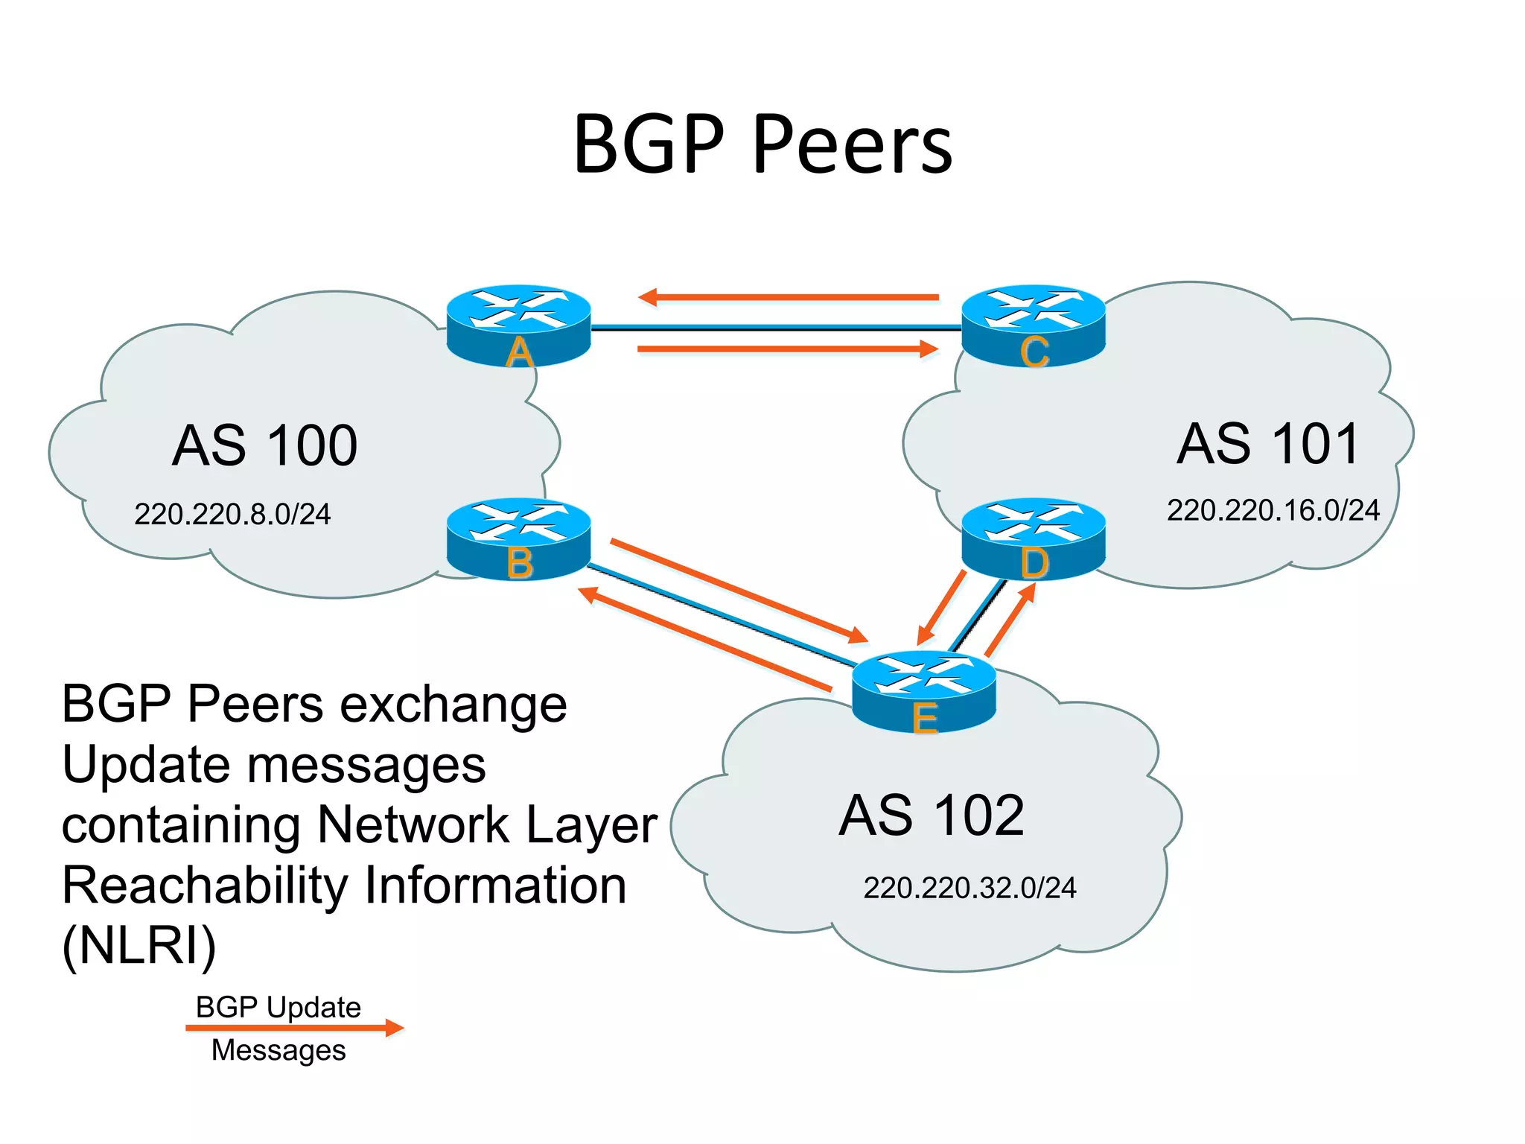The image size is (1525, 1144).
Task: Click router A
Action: [518, 325]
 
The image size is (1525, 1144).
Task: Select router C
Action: [1034, 325]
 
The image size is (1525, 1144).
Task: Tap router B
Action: [518, 538]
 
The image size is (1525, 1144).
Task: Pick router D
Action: [1034, 538]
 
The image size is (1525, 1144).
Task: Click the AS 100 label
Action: [264, 445]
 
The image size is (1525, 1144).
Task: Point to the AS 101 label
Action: [1269, 444]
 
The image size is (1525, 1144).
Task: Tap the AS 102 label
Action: [932, 815]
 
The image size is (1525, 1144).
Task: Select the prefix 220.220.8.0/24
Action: [232, 514]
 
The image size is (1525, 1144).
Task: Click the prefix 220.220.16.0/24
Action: [1273, 510]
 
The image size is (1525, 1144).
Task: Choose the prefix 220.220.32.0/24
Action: [970, 888]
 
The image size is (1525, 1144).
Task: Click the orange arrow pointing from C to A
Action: [788, 297]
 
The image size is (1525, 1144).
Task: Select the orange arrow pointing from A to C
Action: [788, 349]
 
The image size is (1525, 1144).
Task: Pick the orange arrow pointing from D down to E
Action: [941, 607]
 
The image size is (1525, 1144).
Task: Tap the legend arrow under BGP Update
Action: [294, 1029]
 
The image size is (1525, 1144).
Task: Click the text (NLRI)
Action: [139, 946]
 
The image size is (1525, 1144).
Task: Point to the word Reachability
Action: [205, 886]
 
